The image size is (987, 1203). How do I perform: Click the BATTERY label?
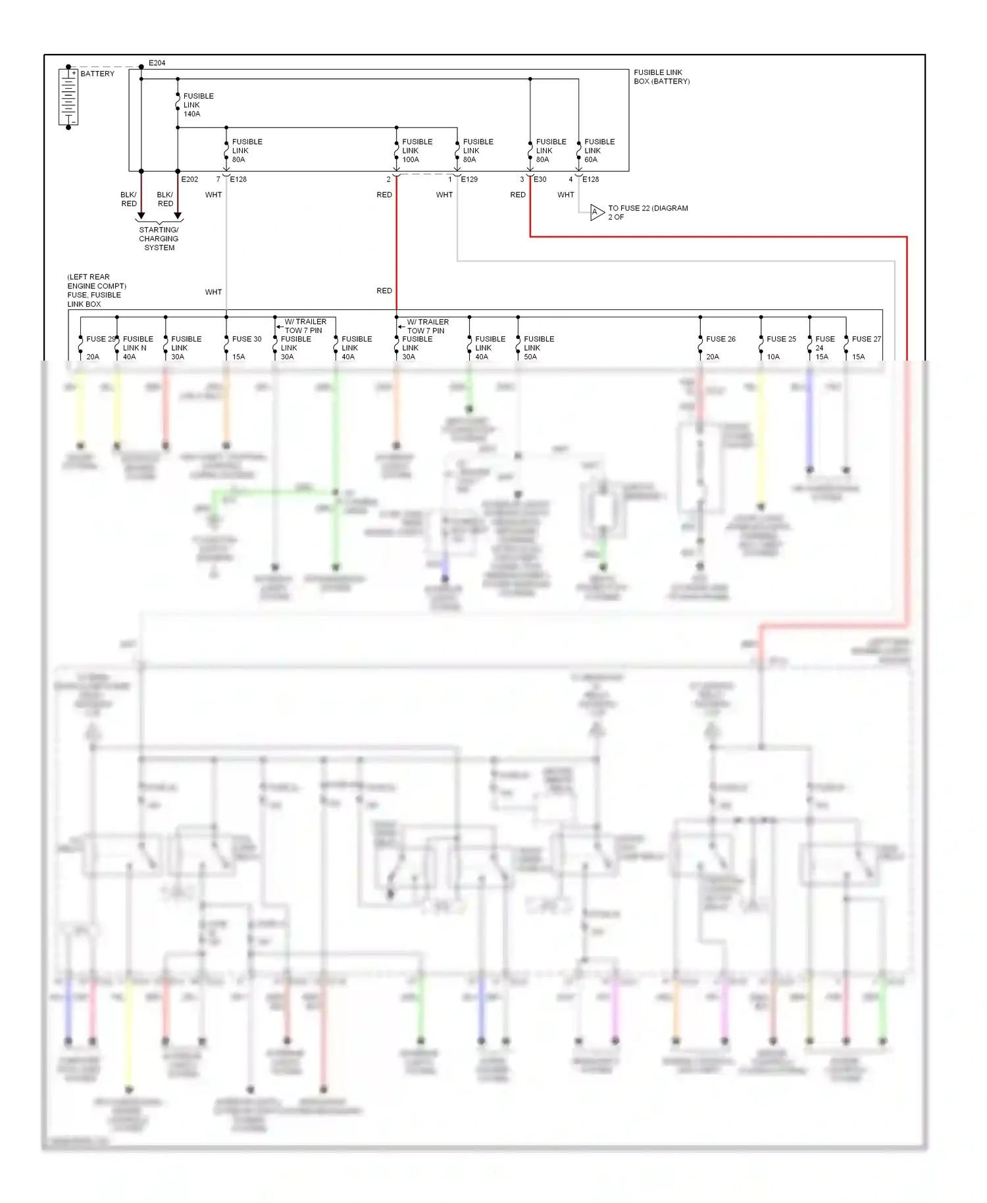click(x=97, y=74)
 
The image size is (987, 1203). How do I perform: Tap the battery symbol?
click(x=68, y=97)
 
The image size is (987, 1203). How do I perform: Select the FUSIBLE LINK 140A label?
click(x=197, y=105)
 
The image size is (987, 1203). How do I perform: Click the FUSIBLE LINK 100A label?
click(x=417, y=151)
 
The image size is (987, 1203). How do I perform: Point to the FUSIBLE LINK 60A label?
click(x=599, y=151)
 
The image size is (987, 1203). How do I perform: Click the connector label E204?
click(x=157, y=63)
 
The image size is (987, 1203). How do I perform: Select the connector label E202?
click(x=190, y=179)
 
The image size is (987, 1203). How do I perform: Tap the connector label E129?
click(x=469, y=179)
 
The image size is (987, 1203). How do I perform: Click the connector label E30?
click(x=540, y=179)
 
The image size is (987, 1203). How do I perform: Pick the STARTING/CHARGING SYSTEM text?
click(x=159, y=239)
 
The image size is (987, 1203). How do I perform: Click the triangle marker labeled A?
click(x=596, y=213)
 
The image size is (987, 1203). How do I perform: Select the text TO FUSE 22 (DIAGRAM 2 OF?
click(x=647, y=213)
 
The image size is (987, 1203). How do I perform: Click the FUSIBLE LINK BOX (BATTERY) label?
click(x=661, y=77)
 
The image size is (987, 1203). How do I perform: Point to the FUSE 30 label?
click(x=246, y=339)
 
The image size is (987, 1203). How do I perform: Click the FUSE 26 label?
click(x=721, y=339)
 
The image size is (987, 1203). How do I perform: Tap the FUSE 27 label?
click(x=866, y=339)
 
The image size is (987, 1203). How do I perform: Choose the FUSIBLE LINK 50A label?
click(x=538, y=347)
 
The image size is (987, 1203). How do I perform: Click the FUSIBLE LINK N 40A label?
click(x=137, y=347)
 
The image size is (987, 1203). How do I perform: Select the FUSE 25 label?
click(x=781, y=339)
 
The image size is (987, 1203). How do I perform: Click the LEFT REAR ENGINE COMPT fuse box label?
click(x=96, y=290)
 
